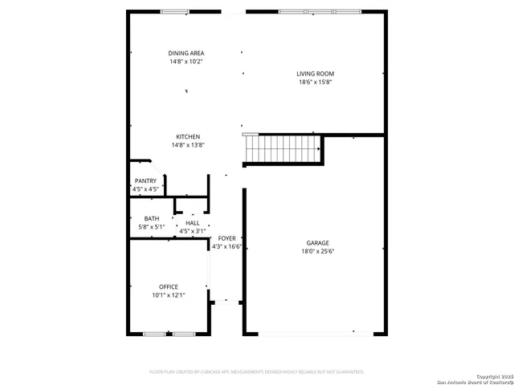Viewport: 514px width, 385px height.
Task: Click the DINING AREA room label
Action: (x=186, y=53)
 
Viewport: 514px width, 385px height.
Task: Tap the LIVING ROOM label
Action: (x=314, y=74)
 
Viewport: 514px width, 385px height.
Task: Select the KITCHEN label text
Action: (x=188, y=137)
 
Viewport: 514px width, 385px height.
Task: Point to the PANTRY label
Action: (x=145, y=181)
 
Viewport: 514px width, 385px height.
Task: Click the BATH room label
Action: (x=151, y=219)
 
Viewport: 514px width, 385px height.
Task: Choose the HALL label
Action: (x=193, y=224)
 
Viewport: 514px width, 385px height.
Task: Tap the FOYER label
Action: (x=227, y=239)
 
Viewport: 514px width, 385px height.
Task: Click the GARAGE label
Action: (x=317, y=243)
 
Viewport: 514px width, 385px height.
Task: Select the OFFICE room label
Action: (x=169, y=287)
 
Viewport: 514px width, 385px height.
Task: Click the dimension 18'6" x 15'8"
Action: (x=314, y=82)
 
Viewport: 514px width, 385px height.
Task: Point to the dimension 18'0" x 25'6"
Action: (x=317, y=251)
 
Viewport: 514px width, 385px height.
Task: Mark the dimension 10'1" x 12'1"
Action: (x=169, y=295)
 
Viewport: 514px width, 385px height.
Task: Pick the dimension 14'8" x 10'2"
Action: (x=186, y=62)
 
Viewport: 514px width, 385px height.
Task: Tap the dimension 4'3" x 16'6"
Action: (x=227, y=247)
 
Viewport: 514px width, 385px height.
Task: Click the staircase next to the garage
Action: (x=282, y=148)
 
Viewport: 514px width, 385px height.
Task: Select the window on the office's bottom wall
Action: (x=169, y=334)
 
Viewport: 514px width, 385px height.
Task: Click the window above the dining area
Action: (x=174, y=12)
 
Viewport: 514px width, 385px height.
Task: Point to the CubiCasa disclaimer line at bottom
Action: (x=257, y=372)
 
